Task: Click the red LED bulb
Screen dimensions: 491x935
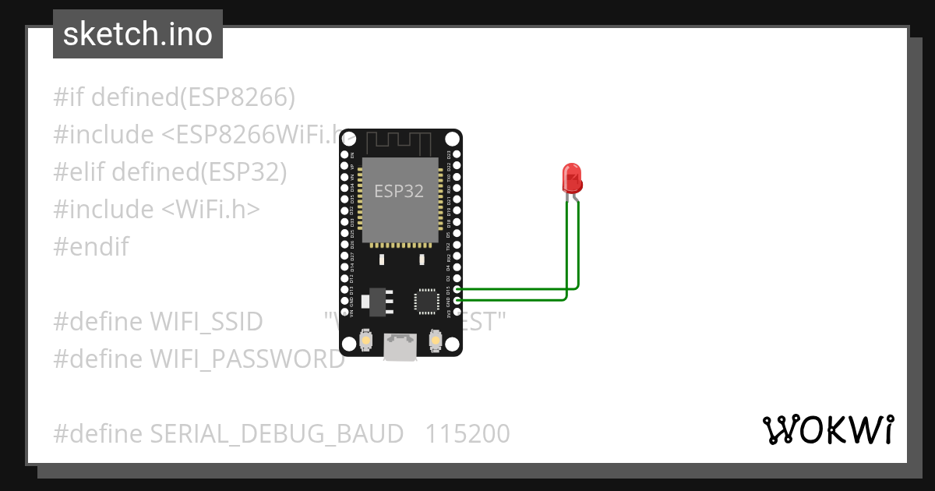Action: coord(571,178)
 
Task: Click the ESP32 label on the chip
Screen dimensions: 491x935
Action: coord(399,191)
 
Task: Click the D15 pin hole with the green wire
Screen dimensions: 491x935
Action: coord(457,290)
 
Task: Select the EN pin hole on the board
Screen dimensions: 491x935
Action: coord(344,155)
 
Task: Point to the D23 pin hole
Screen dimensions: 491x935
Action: coord(457,155)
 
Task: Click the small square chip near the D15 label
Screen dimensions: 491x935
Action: coord(426,302)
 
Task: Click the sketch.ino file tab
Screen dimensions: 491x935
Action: coord(138,34)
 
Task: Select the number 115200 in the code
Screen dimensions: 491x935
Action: coord(467,433)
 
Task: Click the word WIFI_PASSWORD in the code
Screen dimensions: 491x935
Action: coord(247,359)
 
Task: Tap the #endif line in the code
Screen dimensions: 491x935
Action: coord(91,247)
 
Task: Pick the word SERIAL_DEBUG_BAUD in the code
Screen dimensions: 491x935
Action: coord(277,433)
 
